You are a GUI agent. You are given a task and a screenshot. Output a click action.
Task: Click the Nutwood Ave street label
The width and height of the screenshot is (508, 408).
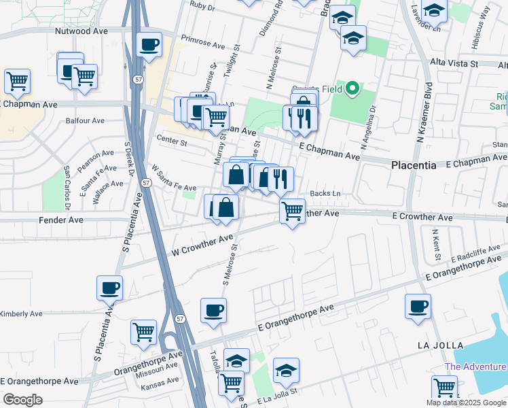81,31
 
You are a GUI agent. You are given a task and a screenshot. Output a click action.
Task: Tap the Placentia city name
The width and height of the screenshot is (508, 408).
413,165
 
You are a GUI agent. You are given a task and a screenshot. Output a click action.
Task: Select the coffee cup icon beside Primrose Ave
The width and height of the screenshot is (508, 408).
148,45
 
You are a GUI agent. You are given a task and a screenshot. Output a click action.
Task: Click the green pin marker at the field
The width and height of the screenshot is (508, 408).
352,88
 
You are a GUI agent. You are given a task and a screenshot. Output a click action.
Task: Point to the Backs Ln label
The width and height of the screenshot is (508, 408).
325,194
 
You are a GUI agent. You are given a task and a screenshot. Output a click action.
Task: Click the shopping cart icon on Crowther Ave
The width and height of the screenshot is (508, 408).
292,211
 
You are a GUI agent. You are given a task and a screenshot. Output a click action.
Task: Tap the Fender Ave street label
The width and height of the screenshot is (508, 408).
60,220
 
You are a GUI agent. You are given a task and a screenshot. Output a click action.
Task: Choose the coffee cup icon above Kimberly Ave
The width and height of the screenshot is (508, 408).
109,288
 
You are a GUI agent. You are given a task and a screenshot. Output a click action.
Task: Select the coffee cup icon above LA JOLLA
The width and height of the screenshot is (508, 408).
418,306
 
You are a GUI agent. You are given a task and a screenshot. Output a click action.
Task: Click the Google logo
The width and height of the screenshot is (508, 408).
22,399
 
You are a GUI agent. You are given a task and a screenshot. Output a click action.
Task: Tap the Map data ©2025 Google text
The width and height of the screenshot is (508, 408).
465,403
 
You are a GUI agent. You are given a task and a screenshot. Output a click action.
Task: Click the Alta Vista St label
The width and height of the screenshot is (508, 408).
454,63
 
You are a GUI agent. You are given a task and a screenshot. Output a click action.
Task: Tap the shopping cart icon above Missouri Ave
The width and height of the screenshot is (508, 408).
143,333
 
